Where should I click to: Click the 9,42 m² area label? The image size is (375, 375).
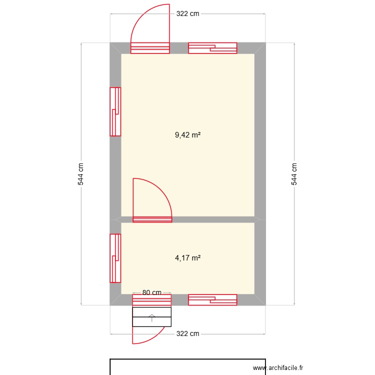187,134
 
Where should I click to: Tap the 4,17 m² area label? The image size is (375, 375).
187,258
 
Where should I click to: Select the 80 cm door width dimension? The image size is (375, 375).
152,292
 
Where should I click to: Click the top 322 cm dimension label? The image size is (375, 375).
187,13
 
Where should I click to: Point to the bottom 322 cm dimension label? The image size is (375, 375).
187,333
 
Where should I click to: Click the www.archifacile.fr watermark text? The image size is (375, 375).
278,367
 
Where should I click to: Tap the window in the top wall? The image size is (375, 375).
212,48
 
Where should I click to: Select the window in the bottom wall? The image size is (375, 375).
212,299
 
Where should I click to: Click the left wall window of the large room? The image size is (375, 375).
115,111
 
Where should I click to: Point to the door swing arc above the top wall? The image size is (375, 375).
145,20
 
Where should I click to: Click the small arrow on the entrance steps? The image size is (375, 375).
152,316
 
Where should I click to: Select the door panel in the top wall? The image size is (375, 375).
150,48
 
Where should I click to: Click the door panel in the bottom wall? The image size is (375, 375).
152,299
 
